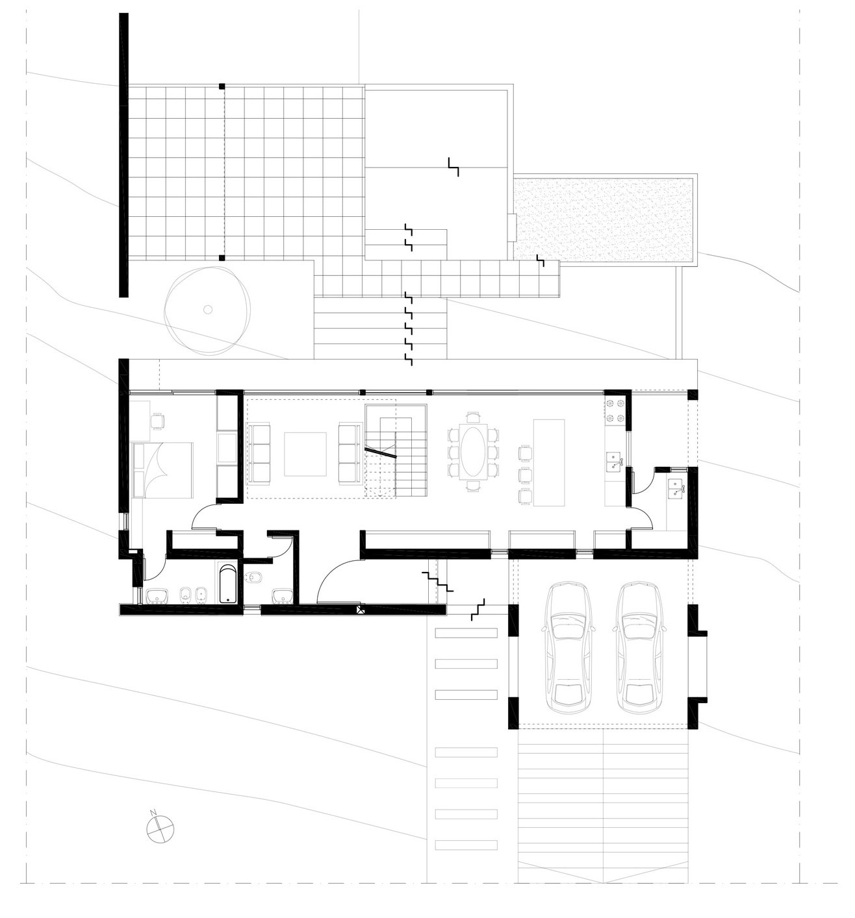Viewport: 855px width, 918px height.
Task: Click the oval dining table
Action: (x=472, y=451)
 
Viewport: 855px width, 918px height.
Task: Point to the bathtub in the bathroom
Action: (x=227, y=584)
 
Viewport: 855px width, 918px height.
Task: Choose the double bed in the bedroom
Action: (x=162, y=470)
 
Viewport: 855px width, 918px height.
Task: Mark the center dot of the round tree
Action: (x=208, y=309)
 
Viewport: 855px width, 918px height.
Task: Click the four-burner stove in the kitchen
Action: (x=615, y=412)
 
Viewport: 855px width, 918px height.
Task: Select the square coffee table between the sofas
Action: (x=305, y=454)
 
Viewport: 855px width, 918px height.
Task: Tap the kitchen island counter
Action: (x=549, y=463)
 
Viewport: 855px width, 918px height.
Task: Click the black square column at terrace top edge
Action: (x=222, y=86)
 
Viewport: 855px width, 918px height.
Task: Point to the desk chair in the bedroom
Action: (x=157, y=421)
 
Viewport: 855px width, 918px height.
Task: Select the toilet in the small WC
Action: (x=253, y=577)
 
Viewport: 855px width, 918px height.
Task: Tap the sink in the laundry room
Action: (x=676, y=486)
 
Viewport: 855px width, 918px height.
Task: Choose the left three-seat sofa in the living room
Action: (x=260, y=454)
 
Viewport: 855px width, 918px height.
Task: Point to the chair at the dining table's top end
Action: (x=472, y=417)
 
